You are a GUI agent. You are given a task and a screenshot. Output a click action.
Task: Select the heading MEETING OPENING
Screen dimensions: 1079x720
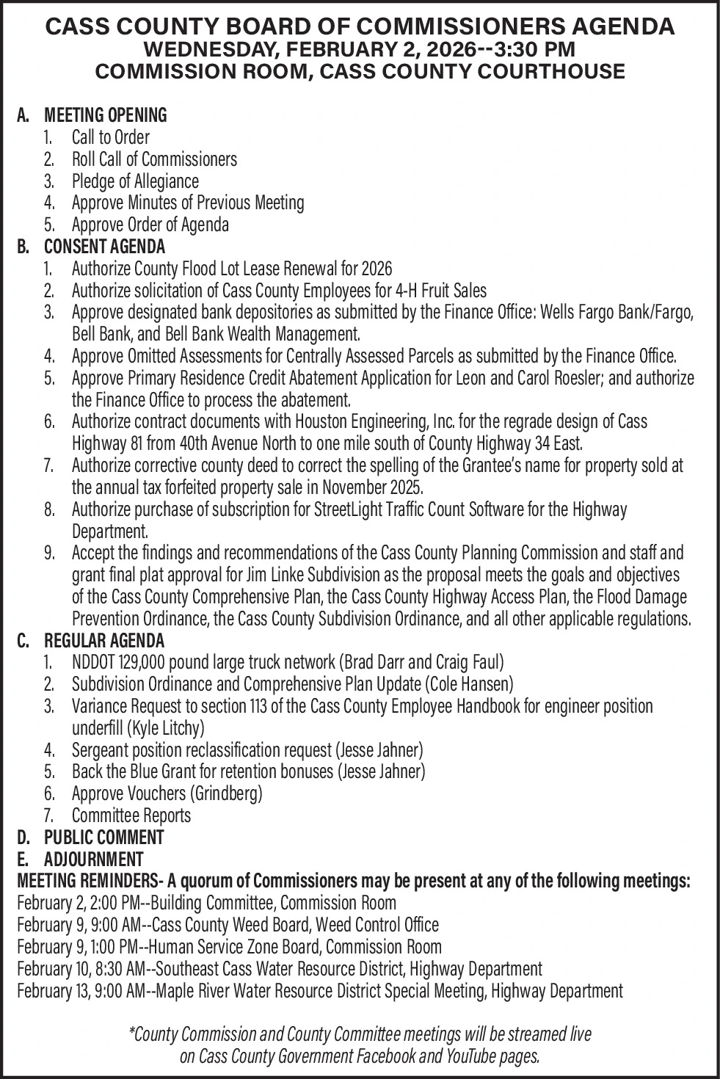(106, 115)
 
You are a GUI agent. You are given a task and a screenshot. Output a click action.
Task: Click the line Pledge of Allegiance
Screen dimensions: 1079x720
(135, 181)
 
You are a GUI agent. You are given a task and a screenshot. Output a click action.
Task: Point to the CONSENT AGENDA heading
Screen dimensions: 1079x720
(104, 247)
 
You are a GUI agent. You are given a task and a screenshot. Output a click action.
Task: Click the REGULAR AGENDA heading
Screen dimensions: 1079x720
(104, 640)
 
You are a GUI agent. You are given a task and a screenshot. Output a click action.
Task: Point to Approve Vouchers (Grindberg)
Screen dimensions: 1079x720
(167, 793)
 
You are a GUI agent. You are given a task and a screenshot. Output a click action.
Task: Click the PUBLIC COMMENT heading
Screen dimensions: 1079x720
(103, 837)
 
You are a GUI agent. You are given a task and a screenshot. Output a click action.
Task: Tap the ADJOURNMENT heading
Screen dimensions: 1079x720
(93, 859)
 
